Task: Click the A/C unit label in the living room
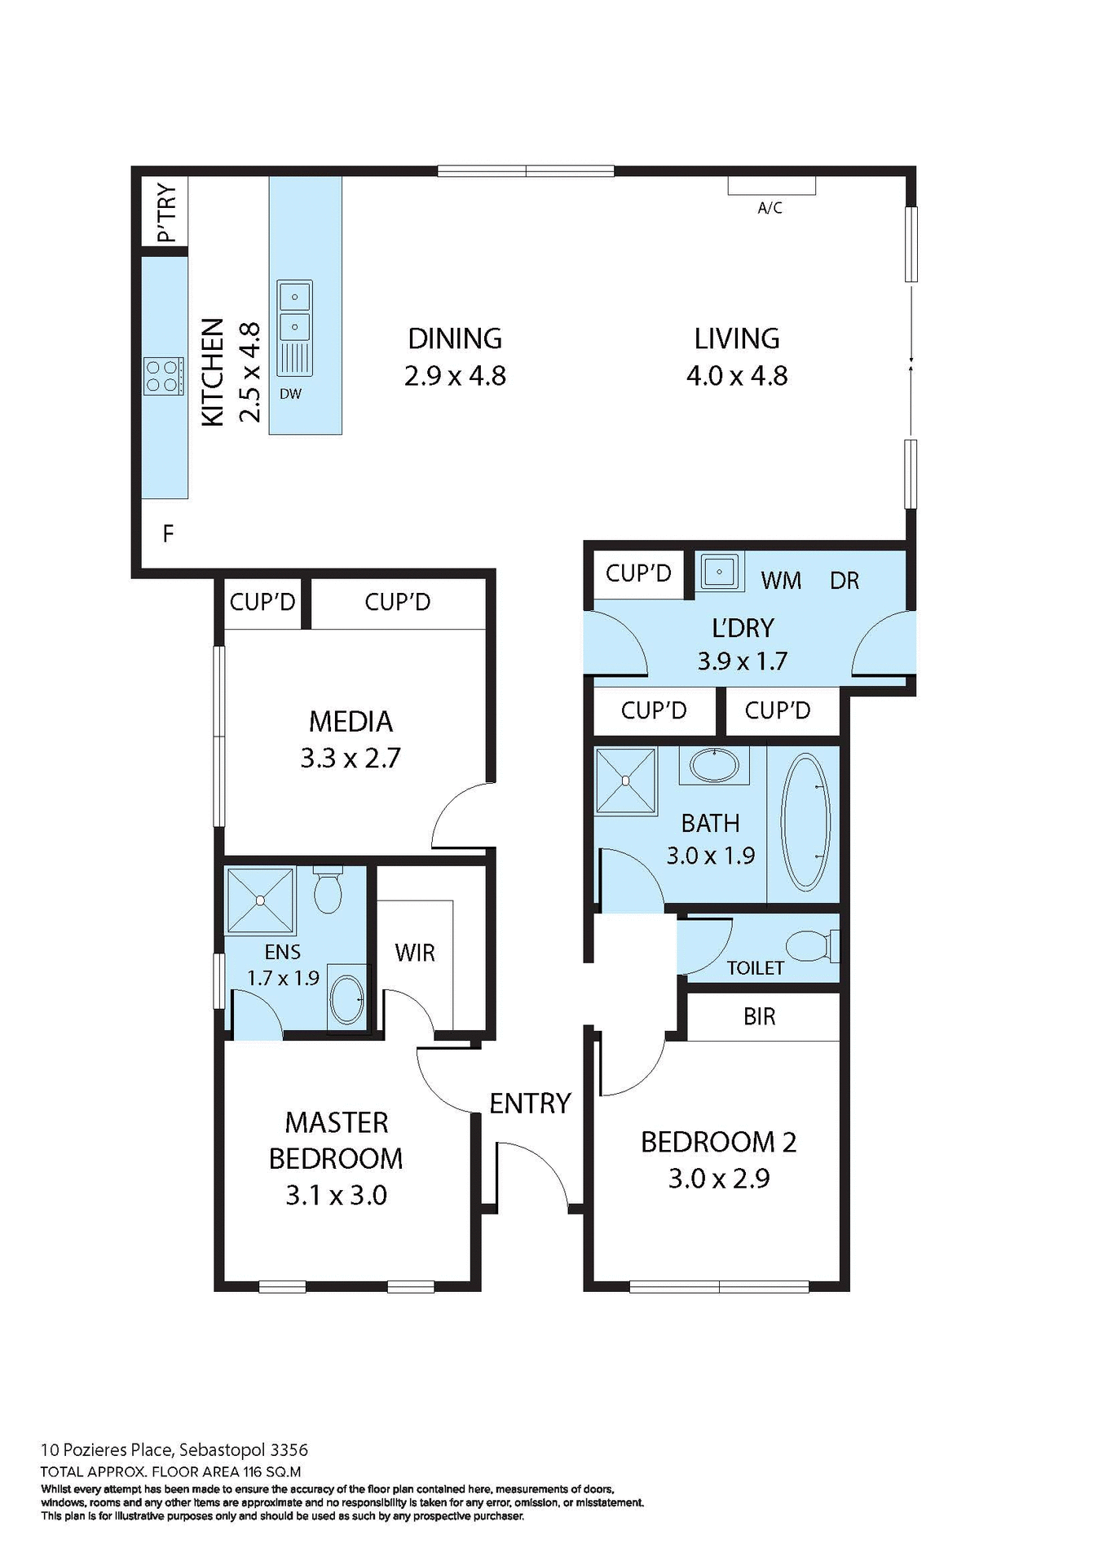(770, 208)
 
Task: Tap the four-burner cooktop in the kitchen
(163, 377)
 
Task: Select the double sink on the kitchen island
(294, 312)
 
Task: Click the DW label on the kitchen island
(290, 394)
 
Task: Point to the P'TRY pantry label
(166, 212)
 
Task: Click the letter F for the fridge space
(168, 534)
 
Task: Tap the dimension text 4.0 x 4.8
(737, 376)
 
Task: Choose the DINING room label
(455, 338)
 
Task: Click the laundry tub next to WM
(719, 571)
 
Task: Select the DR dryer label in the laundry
(845, 581)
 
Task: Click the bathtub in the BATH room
(805, 821)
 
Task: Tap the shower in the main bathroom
(625, 781)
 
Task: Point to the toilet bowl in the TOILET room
(807, 946)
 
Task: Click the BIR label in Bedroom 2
(759, 1016)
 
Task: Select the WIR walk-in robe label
(414, 953)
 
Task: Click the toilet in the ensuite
(328, 891)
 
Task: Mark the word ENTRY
(530, 1104)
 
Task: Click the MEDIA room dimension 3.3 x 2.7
(351, 759)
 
